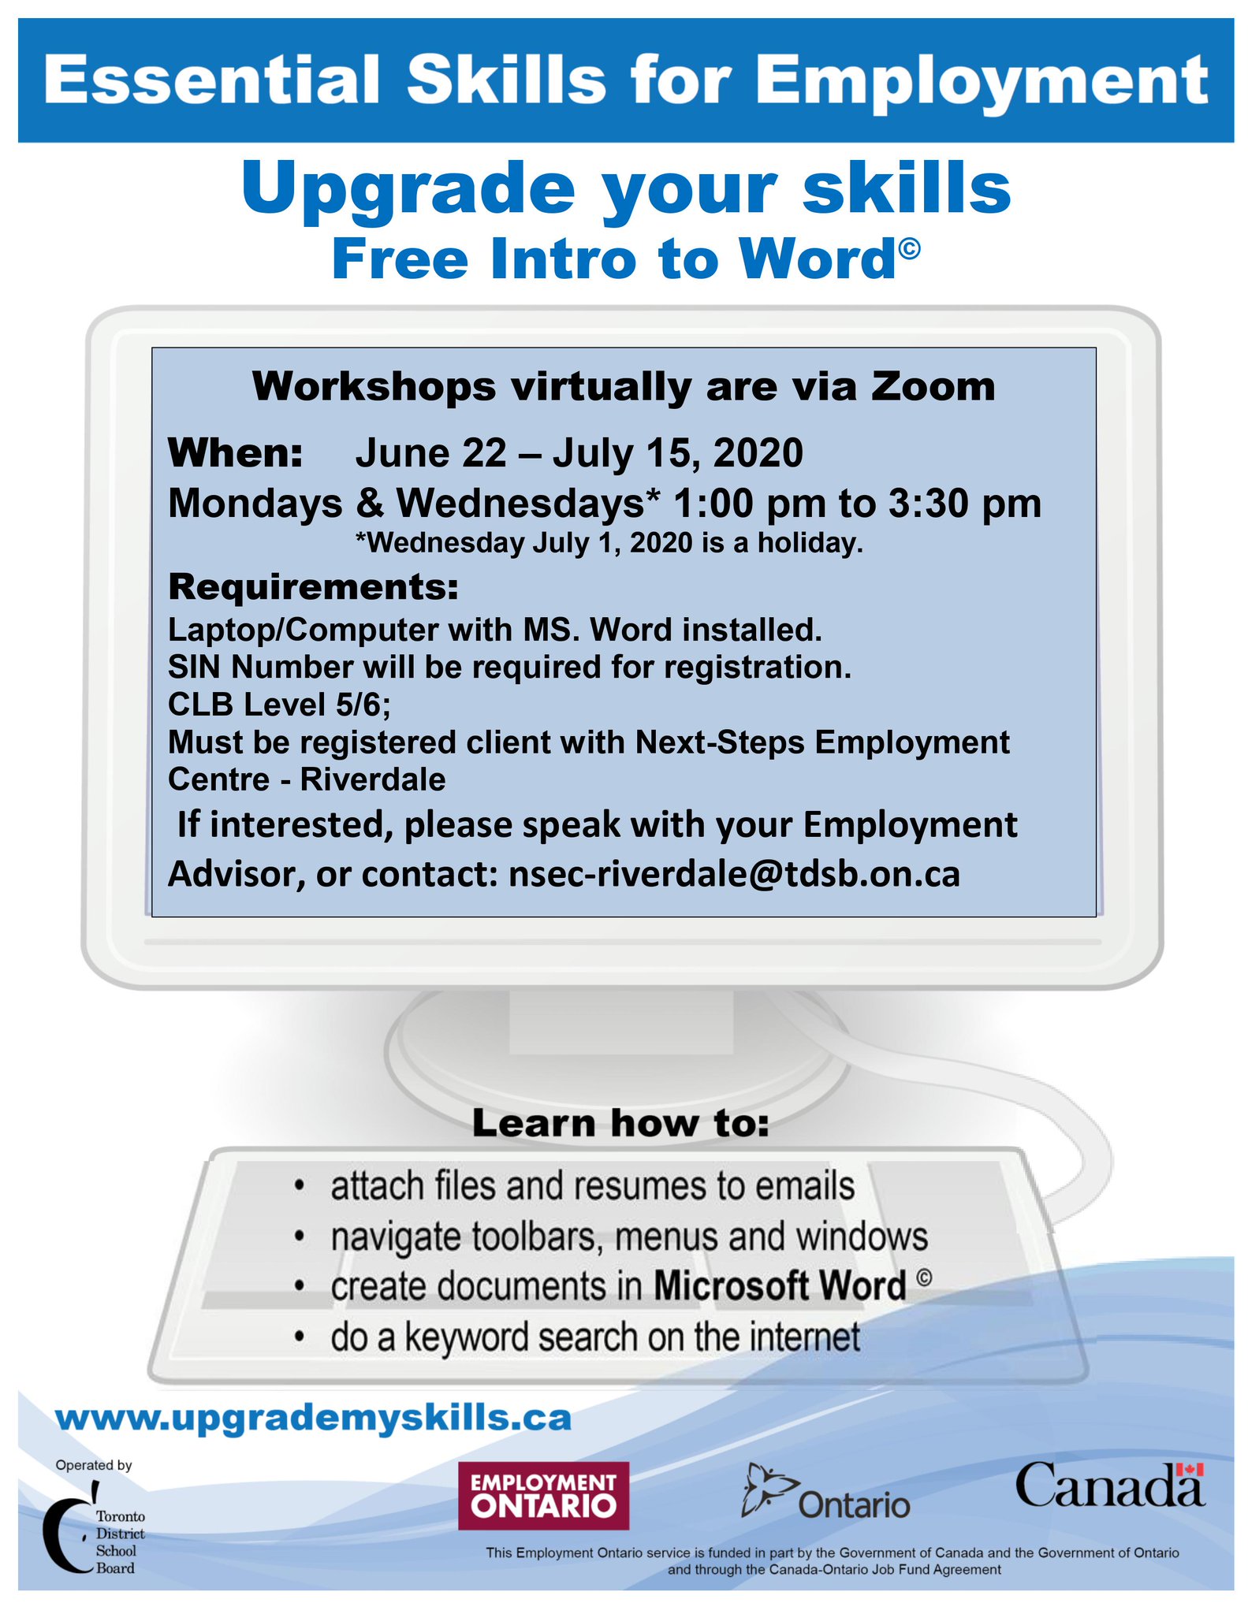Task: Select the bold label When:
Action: click(x=236, y=453)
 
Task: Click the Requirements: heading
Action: click(x=314, y=587)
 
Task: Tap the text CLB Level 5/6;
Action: click(x=280, y=705)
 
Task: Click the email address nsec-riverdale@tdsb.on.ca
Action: click(x=735, y=874)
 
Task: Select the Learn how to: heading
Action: click(x=620, y=1123)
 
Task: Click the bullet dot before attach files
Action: click(x=298, y=1185)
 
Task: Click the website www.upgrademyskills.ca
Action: click(x=314, y=1419)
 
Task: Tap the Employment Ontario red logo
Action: click(x=544, y=1496)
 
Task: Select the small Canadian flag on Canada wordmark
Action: click(x=1190, y=1470)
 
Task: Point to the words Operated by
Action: click(x=94, y=1466)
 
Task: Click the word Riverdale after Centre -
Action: click(x=373, y=779)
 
